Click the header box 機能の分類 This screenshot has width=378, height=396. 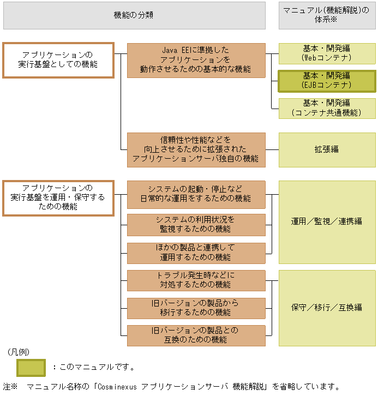click(134, 15)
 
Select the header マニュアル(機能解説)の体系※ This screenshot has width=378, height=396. click(327, 15)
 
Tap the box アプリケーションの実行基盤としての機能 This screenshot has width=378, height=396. click(58, 60)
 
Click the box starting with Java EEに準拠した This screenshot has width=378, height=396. click(196, 60)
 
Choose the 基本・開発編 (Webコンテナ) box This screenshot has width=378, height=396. click(327, 53)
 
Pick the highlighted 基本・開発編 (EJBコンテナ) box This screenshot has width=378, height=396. click(327, 81)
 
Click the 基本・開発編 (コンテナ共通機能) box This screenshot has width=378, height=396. click(327, 108)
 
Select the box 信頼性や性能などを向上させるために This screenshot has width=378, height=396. click(196, 149)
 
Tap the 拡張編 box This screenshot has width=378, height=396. click(327, 149)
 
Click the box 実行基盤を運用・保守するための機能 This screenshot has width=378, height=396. click(58, 198)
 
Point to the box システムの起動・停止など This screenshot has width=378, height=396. click(196, 194)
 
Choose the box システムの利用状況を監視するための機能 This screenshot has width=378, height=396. click(196, 224)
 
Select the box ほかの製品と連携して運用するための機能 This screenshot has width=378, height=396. click(196, 253)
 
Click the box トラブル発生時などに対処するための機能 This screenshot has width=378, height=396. click(196, 280)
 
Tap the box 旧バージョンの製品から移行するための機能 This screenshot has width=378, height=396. click(196, 308)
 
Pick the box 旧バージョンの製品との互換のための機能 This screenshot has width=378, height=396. click(196, 335)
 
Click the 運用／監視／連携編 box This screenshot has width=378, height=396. click(327, 222)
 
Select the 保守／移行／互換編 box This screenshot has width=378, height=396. click(327, 308)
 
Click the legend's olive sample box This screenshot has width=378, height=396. click(31, 367)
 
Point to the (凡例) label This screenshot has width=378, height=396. click(19, 352)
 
